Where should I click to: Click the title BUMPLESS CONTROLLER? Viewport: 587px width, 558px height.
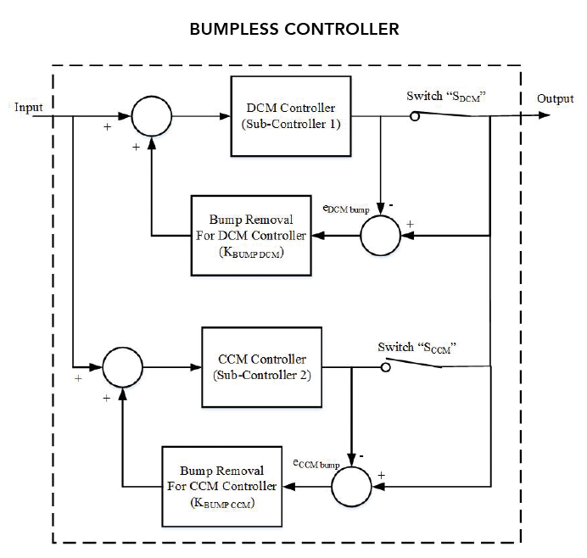(293, 29)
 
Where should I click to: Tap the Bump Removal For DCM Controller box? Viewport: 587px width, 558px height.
(249, 235)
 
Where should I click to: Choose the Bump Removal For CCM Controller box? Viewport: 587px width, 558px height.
(221, 485)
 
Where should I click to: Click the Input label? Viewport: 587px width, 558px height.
(28, 107)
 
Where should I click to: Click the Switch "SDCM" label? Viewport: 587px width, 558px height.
(450, 97)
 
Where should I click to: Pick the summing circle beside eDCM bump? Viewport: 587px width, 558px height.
(382, 235)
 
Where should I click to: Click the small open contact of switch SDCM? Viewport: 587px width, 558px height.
(415, 117)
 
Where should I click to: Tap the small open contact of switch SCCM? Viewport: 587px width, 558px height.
(385, 367)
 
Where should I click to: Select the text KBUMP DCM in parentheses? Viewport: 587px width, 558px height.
(249, 252)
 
